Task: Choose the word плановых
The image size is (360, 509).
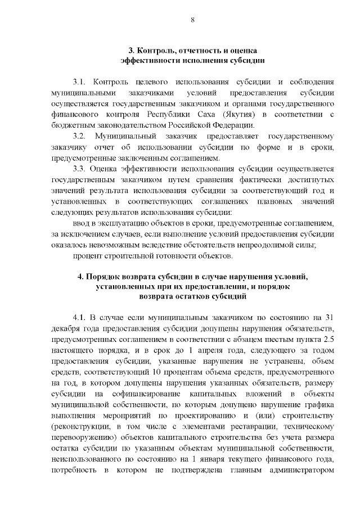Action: (275, 201)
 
